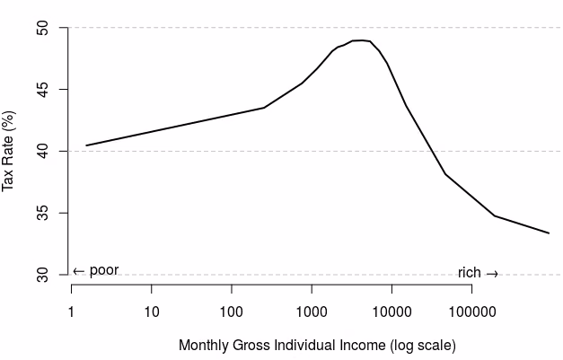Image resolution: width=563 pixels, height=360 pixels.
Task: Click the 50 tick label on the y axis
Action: [x=42, y=28]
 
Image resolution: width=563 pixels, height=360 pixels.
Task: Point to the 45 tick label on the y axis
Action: [x=42, y=90]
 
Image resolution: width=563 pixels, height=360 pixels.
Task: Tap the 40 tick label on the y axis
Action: [x=42, y=151]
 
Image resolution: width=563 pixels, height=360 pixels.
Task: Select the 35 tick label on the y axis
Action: [x=42, y=213]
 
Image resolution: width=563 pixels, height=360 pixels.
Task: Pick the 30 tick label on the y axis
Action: [x=42, y=275]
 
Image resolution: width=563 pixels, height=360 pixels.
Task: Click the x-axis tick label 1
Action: [x=71, y=312]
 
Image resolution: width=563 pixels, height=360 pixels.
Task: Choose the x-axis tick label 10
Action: [x=152, y=312]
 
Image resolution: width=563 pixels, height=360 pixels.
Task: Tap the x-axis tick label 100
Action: [x=232, y=312]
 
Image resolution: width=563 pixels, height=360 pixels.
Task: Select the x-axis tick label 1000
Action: [x=312, y=312]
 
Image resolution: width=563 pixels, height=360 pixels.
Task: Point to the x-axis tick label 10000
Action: [x=391, y=312]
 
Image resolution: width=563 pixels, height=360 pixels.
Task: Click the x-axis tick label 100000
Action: [x=472, y=312]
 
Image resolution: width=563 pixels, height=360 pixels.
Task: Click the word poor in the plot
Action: [x=104, y=270]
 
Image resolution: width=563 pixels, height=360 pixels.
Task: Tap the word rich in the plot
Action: [x=470, y=273]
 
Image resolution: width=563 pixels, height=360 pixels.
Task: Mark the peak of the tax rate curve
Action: [x=362, y=40]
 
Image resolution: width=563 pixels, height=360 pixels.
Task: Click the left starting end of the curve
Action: [x=86, y=145]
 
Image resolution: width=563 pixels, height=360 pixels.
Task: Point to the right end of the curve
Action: [x=549, y=233]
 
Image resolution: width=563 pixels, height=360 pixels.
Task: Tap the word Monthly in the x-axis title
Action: [x=204, y=346]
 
